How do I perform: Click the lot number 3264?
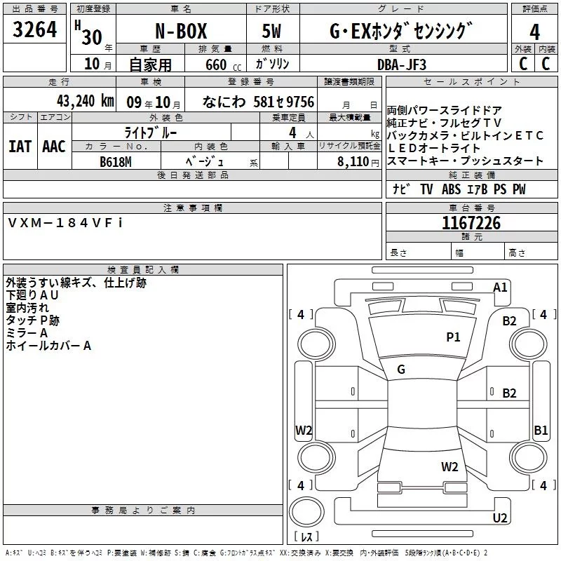[35, 32]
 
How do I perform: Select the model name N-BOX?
[180, 32]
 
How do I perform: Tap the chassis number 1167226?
[471, 223]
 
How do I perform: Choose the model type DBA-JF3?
[402, 64]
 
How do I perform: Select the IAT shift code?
[20, 147]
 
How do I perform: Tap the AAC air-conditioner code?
[54, 147]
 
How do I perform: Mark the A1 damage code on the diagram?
[500, 287]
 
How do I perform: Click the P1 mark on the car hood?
[454, 337]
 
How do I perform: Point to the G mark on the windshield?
[401, 369]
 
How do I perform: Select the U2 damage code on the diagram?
[500, 518]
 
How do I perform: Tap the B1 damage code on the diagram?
[541, 431]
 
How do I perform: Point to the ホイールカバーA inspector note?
[49, 346]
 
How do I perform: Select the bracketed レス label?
[306, 537]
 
